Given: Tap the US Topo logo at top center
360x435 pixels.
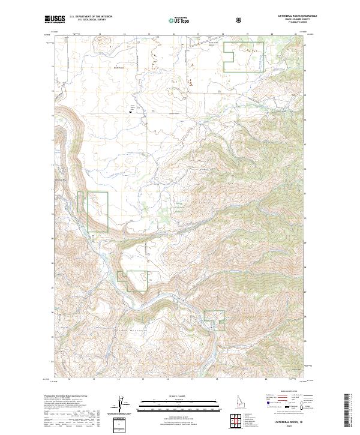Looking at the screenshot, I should pos(179,20).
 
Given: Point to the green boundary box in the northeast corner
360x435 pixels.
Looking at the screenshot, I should pos(244,57).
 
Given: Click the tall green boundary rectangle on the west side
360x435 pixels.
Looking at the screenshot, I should pos(98,211).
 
